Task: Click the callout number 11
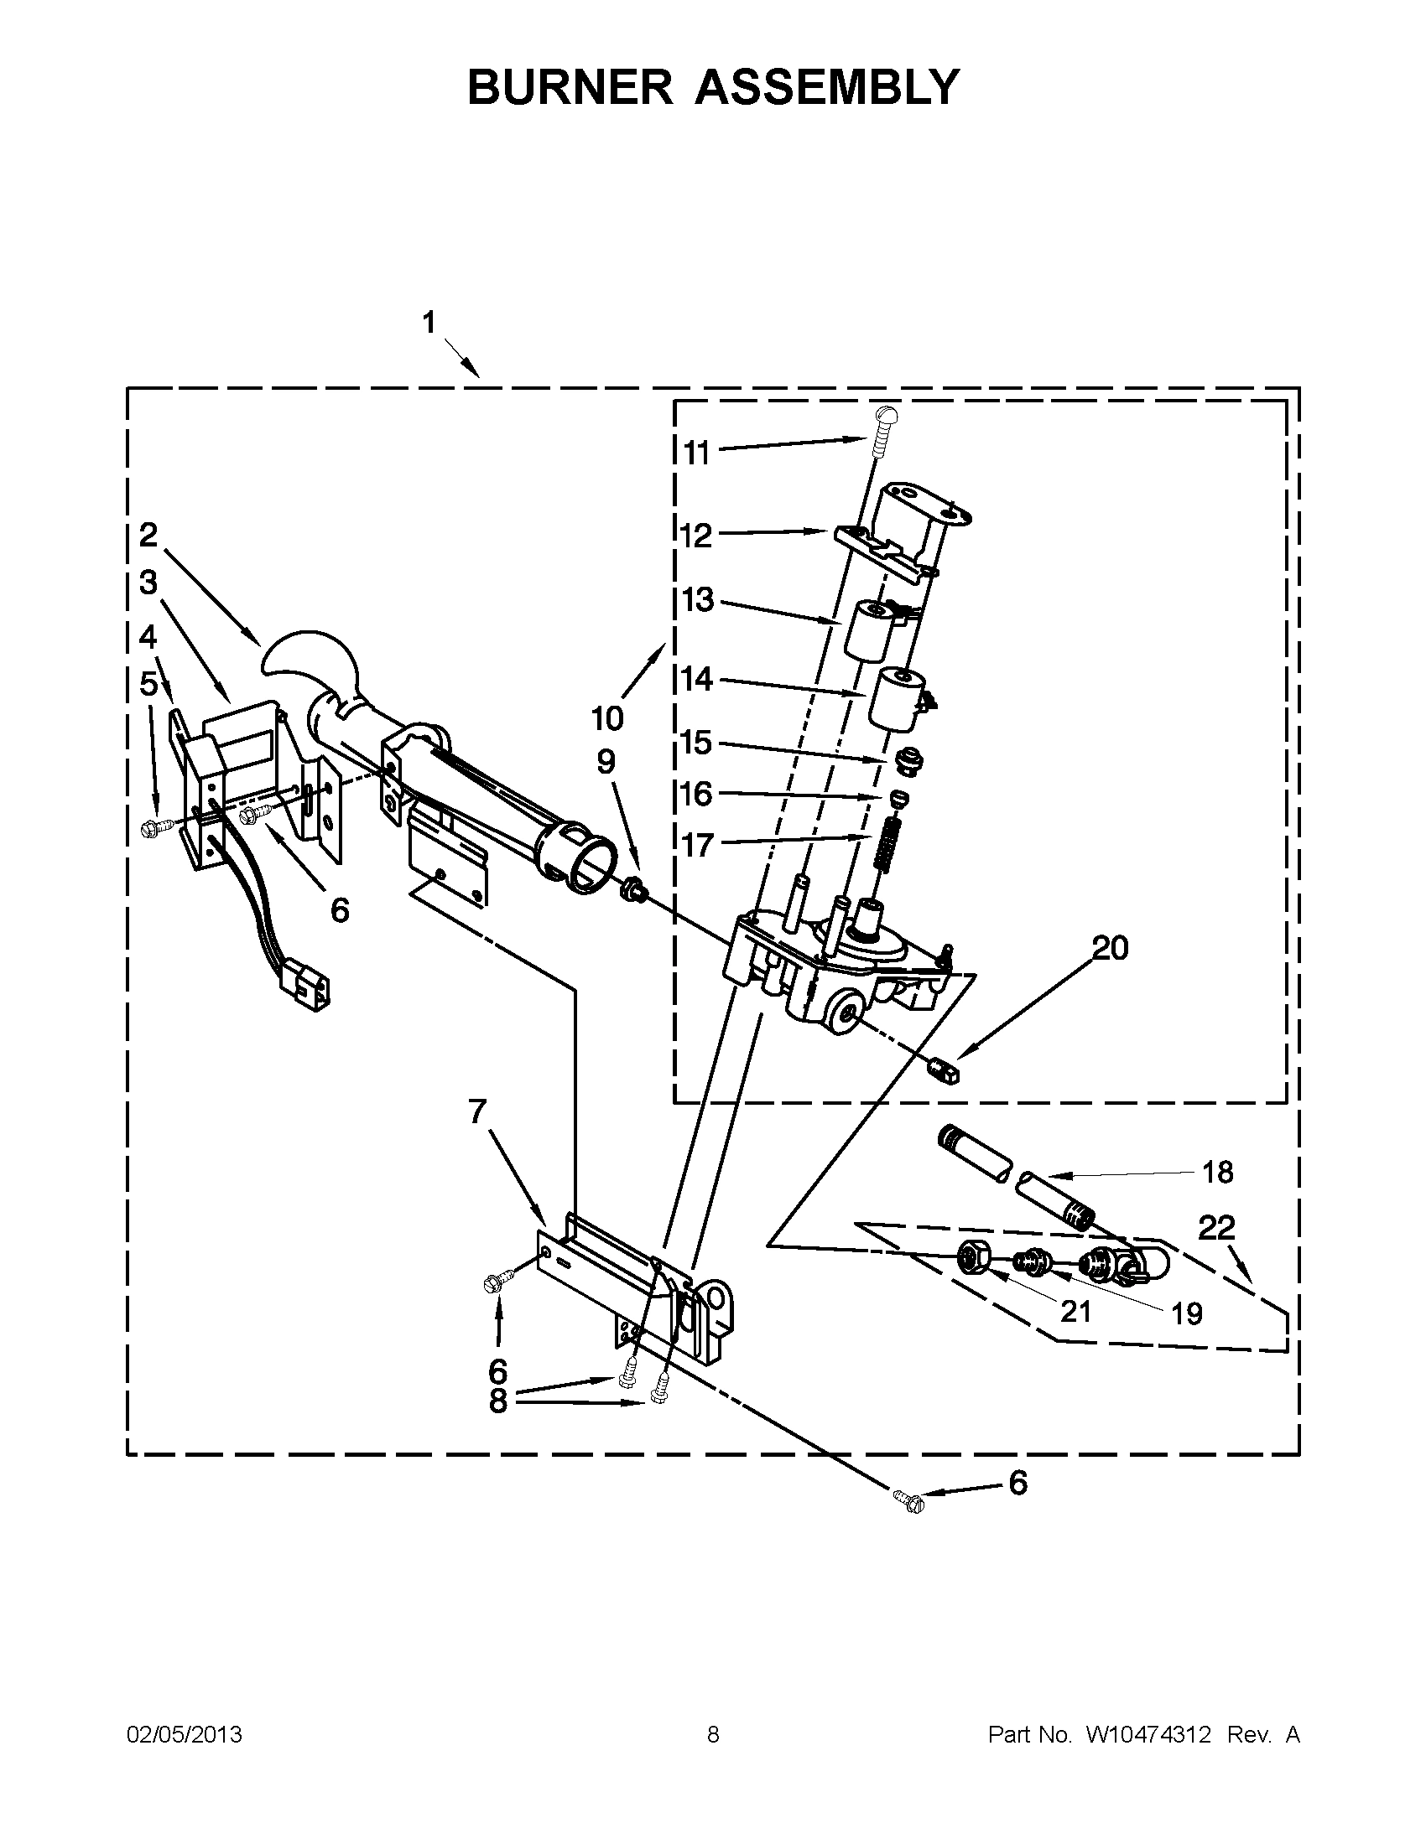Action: click(x=696, y=453)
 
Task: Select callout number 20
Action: click(x=1110, y=948)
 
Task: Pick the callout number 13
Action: click(x=698, y=600)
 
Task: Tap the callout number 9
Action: click(x=606, y=762)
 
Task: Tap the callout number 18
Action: click(x=1217, y=1172)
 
